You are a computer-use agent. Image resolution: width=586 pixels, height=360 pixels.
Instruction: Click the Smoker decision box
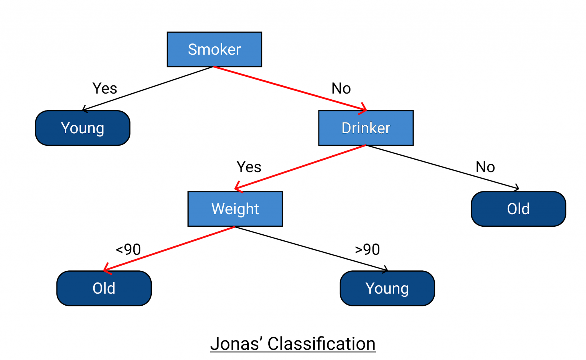214,49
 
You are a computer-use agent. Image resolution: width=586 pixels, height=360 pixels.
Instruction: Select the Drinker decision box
366,128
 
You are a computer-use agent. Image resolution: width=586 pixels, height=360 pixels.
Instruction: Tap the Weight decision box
235,209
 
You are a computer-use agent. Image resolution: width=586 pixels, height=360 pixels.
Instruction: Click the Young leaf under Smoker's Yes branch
82,128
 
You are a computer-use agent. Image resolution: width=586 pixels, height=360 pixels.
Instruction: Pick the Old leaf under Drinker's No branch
518,209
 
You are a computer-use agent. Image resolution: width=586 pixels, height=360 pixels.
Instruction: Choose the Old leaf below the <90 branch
104,288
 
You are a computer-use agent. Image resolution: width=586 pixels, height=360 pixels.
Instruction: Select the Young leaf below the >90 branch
387,288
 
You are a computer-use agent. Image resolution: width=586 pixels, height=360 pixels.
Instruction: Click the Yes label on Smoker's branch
105,88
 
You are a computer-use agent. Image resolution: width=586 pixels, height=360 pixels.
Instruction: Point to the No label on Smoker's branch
341,88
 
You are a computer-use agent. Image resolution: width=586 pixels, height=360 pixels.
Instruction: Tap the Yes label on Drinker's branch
249,167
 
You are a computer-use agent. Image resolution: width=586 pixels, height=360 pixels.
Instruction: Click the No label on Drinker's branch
485,167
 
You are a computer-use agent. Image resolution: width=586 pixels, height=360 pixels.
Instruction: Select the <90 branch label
128,249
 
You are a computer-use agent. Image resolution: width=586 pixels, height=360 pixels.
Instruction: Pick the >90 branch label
367,249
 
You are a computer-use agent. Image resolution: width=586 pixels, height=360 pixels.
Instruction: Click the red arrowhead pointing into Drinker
364,109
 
